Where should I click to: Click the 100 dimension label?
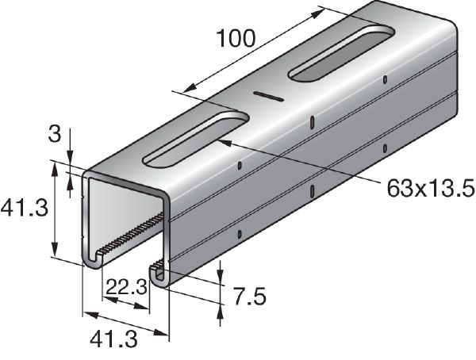(236, 39)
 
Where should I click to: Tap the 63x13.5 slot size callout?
(431, 189)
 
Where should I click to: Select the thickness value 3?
(55, 134)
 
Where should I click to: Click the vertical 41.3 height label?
(25, 209)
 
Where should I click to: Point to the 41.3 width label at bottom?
(113, 339)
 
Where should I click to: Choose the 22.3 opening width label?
(127, 287)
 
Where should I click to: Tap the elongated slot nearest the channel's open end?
(196, 139)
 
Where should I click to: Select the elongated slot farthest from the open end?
(341, 53)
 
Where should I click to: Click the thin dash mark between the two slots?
(269, 96)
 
